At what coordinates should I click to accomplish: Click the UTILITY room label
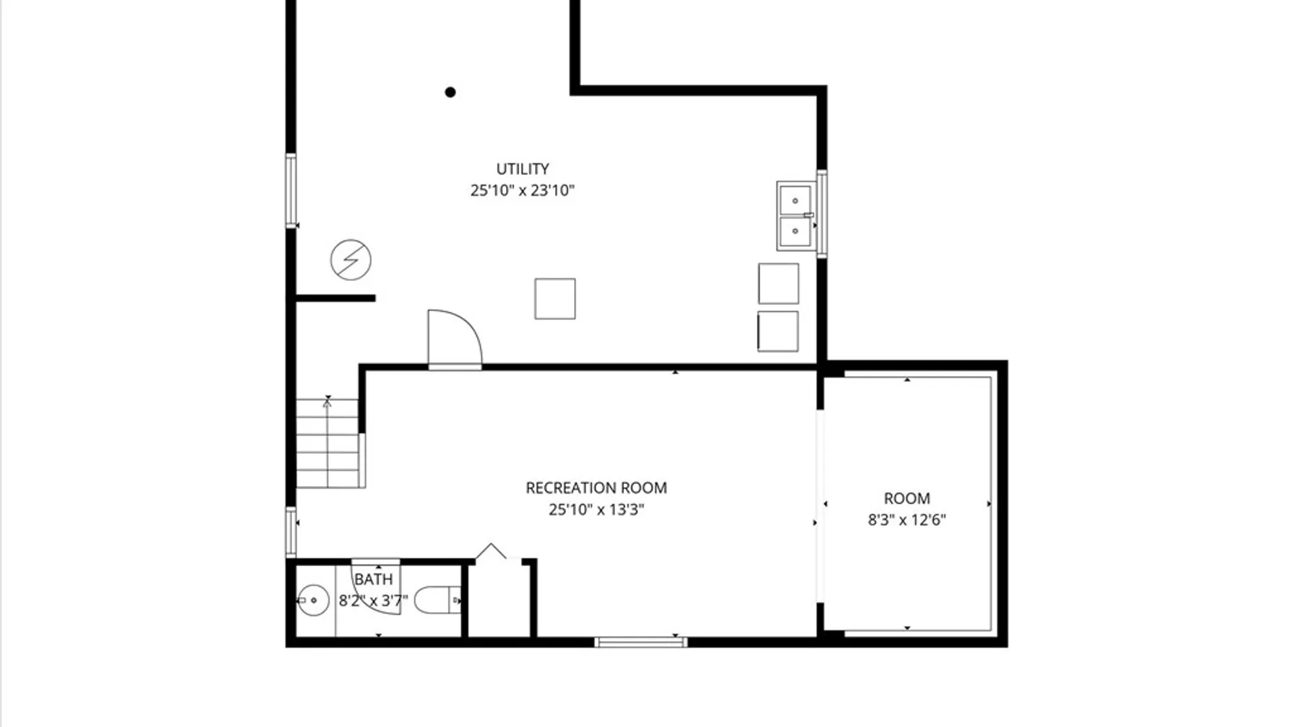(522, 169)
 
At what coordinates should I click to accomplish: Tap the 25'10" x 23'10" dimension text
(522, 191)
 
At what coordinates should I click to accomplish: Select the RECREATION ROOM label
(596, 488)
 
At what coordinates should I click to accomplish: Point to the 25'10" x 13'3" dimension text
(596, 510)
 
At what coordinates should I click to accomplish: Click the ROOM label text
(906, 499)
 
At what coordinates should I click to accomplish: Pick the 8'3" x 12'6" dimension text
(906, 520)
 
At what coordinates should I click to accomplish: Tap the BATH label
(373, 580)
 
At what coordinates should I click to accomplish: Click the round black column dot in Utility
(450, 92)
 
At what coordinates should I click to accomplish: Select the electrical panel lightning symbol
(351, 260)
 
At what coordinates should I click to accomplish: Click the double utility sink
(796, 216)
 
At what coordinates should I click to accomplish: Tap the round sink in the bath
(313, 600)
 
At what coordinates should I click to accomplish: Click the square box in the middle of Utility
(555, 299)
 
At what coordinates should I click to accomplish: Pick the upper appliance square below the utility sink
(779, 283)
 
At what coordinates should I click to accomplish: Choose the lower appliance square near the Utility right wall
(778, 331)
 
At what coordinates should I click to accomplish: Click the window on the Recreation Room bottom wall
(641, 642)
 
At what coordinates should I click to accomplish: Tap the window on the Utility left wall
(291, 191)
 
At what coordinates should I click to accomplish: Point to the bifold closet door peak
(491, 544)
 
